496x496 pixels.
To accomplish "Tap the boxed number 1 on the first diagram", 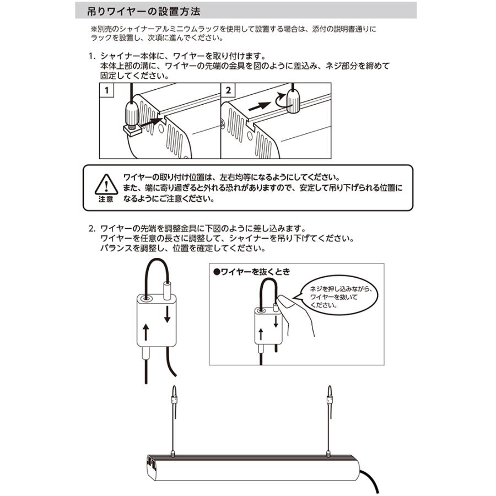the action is tap(106, 89).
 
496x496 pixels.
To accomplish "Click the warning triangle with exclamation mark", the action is tap(105, 183).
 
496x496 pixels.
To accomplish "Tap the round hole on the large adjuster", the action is tap(147, 298).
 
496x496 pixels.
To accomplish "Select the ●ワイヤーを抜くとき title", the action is tap(251, 272).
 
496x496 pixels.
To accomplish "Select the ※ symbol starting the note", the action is tap(93, 28).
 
